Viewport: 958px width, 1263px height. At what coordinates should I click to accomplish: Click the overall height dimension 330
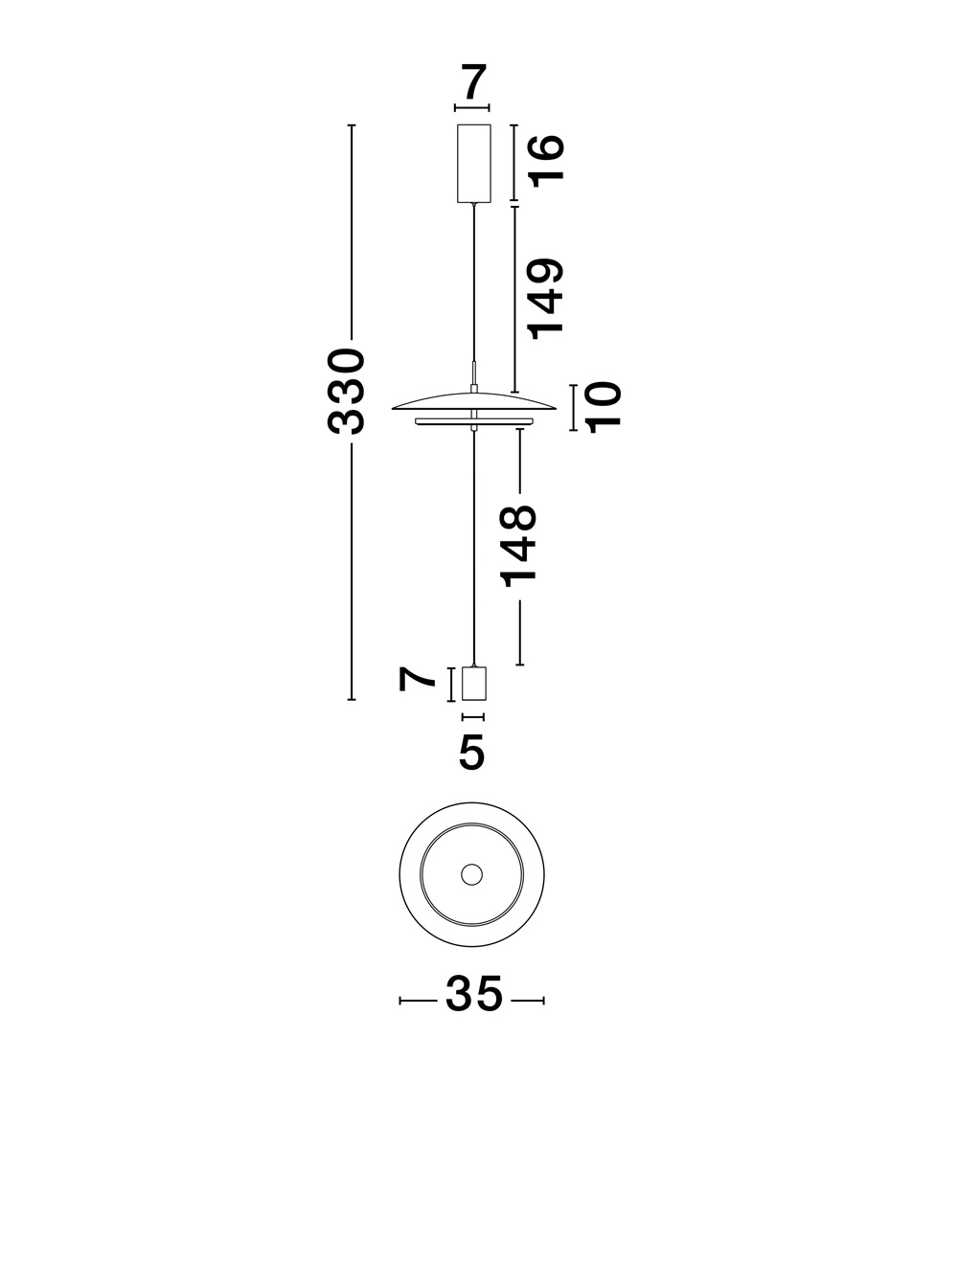(x=346, y=392)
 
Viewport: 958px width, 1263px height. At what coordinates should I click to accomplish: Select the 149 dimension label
(x=547, y=298)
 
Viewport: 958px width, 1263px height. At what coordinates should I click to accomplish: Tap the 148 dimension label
(x=518, y=545)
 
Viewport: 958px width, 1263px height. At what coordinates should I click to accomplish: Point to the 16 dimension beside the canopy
(x=547, y=159)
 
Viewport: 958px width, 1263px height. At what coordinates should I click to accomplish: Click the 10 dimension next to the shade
(x=604, y=407)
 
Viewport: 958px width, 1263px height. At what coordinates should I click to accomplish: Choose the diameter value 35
(x=473, y=995)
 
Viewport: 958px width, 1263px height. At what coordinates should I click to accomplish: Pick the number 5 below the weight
(x=472, y=753)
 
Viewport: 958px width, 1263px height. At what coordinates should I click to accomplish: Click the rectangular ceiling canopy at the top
(x=474, y=164)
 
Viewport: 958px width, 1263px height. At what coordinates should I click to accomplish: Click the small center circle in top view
(x=471, y=873)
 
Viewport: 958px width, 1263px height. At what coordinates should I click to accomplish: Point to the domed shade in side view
(x=473, y=399)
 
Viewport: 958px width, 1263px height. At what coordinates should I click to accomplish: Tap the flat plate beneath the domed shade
(x=473, y=421)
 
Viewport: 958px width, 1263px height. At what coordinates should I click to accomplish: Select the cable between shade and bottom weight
(x=474, y=546)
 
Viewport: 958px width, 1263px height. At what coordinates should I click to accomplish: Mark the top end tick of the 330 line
(x=352, y=125)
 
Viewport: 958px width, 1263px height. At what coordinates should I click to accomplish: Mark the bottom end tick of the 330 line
(x=352, y=701)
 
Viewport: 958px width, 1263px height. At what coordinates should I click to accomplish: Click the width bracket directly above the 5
(x=473, y=716)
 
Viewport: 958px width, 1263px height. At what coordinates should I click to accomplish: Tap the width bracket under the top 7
(x=473, y=108)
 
